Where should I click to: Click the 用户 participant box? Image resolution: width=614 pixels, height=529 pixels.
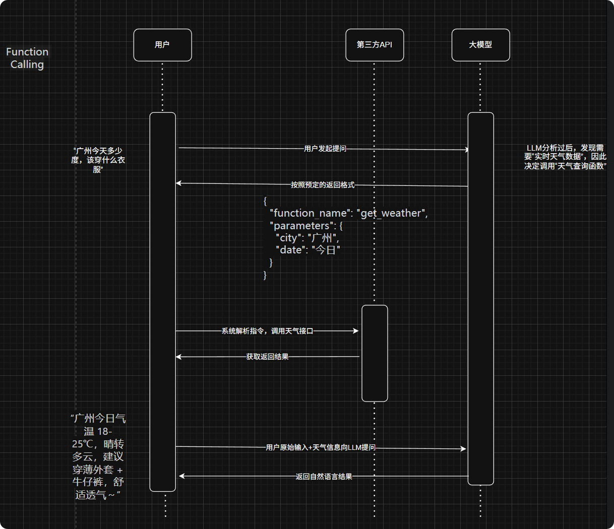tap(162, 45)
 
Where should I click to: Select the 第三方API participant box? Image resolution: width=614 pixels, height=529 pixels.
tap(375, 45)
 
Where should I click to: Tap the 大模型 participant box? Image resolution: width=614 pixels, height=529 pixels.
tap(480, 45)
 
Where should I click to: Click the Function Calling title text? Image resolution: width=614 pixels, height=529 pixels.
tap(27, 58)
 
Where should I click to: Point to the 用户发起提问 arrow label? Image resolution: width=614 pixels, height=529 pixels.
tap(325, 149)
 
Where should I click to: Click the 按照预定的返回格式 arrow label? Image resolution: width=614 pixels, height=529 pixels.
tap(323, 185)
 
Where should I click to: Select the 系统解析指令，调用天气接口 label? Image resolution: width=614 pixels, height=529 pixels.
tap(267, 331)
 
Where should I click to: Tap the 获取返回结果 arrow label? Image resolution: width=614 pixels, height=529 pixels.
tap(267, 357)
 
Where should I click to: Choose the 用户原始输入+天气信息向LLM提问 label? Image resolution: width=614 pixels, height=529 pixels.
tap(321, 447)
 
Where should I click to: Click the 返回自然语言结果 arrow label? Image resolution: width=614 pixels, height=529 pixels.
tap(324, 477)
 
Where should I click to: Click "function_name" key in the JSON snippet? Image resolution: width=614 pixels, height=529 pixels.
tap(310, 213)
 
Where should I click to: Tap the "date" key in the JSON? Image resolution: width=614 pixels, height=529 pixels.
tap(291, 250)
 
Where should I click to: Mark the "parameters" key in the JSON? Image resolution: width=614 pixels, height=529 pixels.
tap(301, 226)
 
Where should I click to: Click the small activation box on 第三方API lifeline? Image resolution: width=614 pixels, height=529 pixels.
tap(375, 353)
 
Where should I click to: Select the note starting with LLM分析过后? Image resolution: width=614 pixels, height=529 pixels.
tap(565, 157)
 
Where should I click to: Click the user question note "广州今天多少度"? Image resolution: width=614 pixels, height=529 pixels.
tap(98, 160)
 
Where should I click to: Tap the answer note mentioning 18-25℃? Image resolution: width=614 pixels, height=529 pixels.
tap(98, 456)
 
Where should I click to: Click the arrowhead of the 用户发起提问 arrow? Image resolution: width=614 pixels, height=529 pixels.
tap(467, 150)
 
